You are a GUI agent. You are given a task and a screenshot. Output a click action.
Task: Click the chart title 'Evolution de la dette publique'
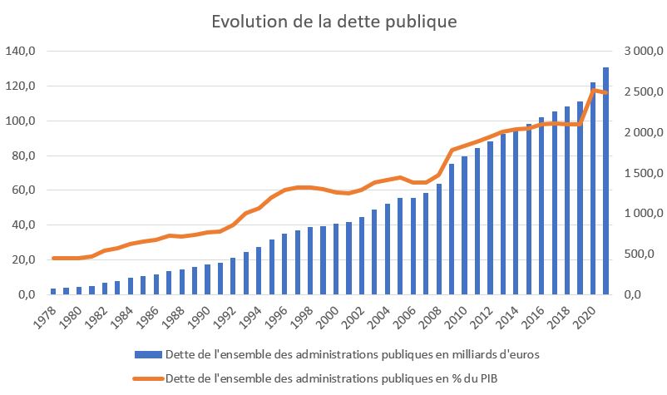pos(333,21)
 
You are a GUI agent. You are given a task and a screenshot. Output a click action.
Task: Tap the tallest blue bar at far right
pos(606,180)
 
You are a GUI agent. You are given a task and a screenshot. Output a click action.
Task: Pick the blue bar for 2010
pos(464,225)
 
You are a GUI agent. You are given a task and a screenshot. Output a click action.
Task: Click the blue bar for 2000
pos(336,259)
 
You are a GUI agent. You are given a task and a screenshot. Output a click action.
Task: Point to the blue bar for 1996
pos(284,264)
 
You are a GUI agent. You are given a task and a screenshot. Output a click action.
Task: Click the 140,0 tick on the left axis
pos(20,51)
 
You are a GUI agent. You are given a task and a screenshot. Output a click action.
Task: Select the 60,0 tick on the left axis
pos(20,190)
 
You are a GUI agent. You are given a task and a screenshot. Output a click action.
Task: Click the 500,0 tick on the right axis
pos(643,254)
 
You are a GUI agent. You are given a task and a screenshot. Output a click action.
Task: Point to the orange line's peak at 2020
pos(593,89)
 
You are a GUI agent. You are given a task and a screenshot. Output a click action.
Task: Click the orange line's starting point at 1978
pos(53,258)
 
